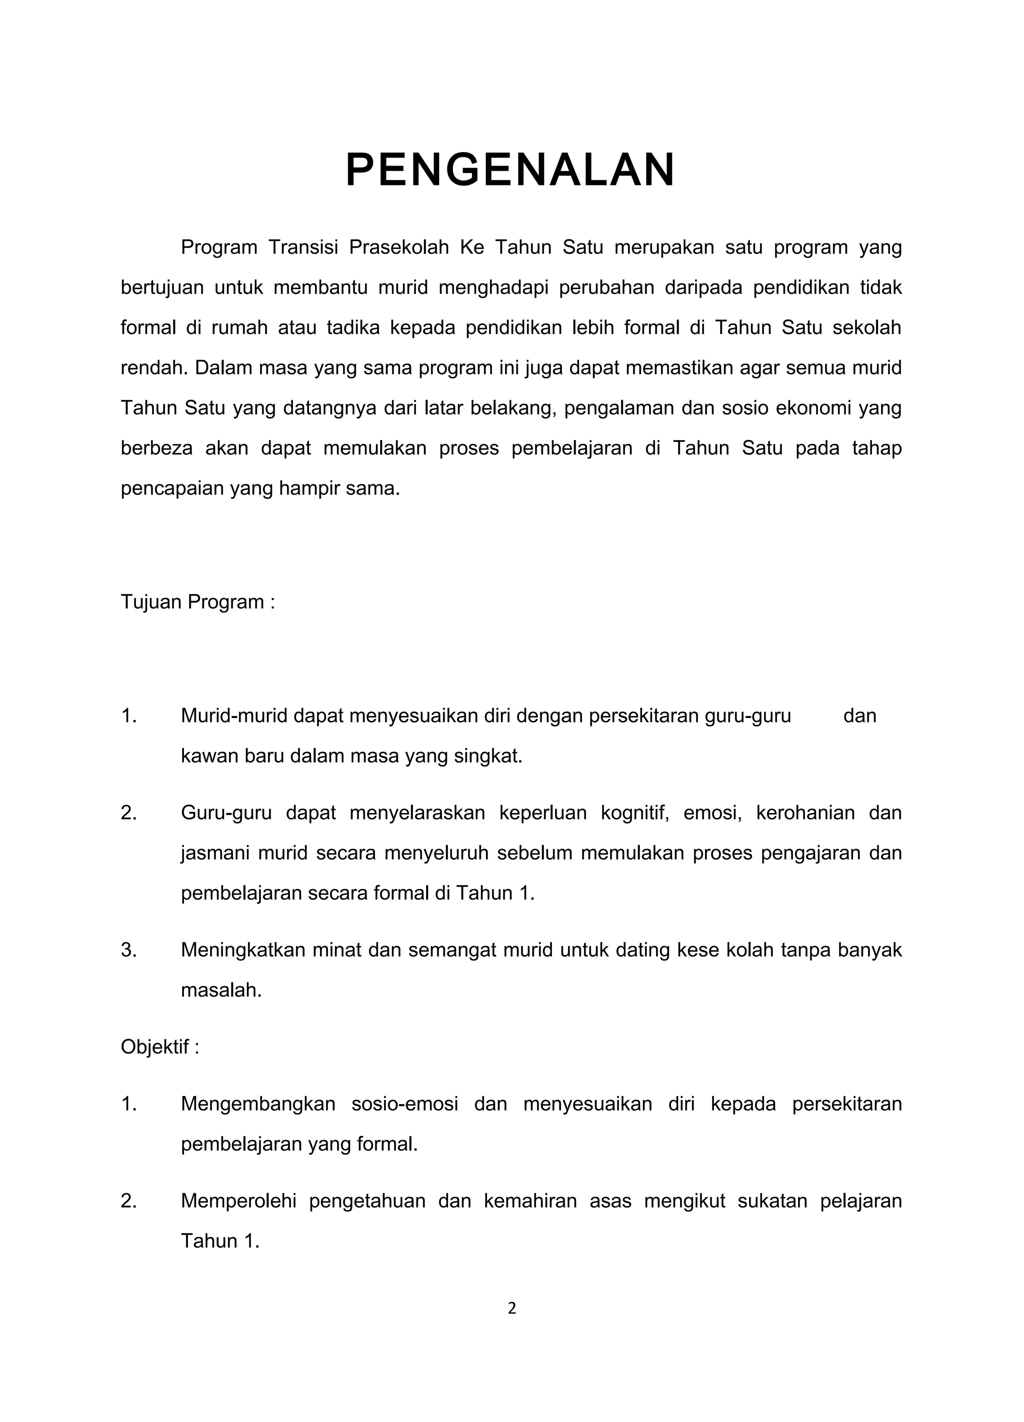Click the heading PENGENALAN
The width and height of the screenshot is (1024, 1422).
(x=510, y=170)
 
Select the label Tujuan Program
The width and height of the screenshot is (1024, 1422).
(x=197, y=602)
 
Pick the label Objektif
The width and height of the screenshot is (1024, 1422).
(x=160, y=1047)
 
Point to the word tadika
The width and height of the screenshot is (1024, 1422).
(x=353, y=328)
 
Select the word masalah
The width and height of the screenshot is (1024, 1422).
(x=220, y=990)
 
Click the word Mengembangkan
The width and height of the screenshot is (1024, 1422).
(x=257, y=1103)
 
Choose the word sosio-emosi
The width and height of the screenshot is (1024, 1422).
(x=404, y=1103)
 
